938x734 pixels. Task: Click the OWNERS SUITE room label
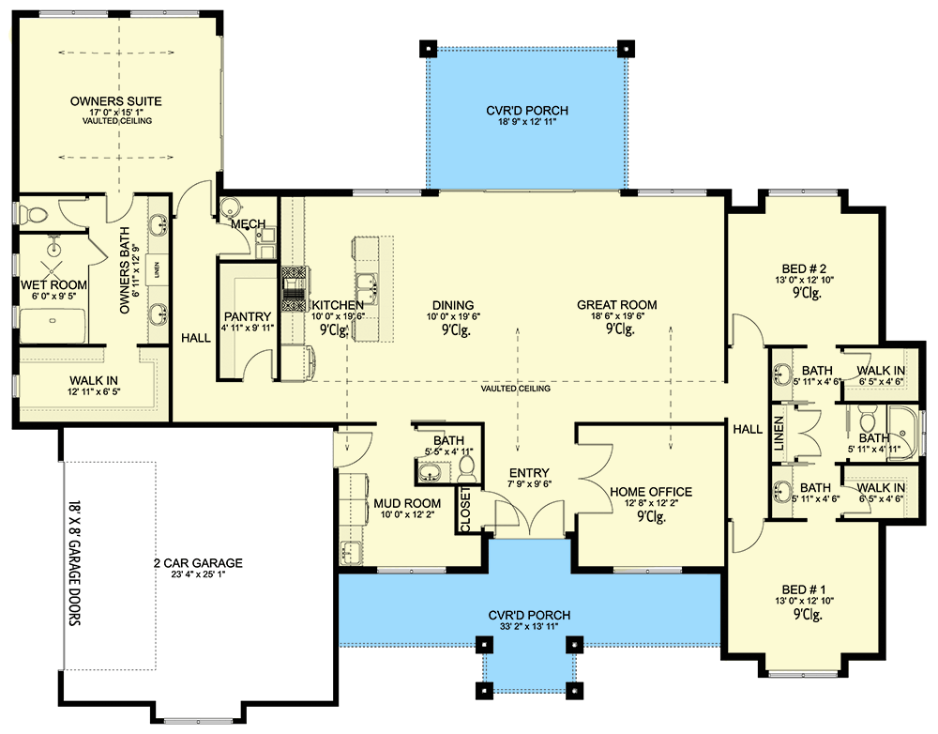(116, 100)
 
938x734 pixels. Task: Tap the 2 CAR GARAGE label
(198, 563)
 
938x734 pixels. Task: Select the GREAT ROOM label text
(616, 305)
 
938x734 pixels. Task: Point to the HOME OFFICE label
(650, 492)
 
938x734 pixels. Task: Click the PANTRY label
(248, 316)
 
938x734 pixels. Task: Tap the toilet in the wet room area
(30, 215)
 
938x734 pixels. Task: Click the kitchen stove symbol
(295, 282)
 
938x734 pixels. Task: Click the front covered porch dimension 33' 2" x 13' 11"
(528, 629)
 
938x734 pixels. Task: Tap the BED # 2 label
(807, 267)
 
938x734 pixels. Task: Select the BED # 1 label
(807, 602)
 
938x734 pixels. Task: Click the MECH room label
(250, 224)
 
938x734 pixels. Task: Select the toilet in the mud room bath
(470, 466)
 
